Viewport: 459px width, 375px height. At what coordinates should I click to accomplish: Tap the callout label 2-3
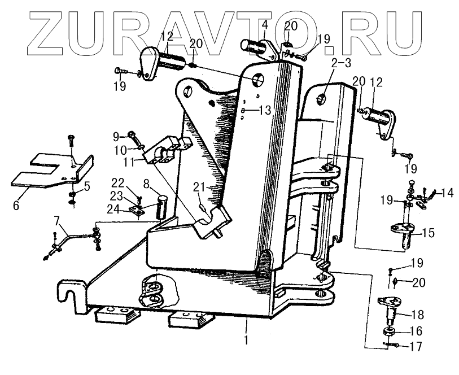[x=341, y=63]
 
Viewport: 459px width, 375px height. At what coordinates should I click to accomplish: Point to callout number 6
[x=16, y=206]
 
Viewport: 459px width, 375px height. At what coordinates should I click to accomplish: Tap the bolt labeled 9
[x=132, y=136]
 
